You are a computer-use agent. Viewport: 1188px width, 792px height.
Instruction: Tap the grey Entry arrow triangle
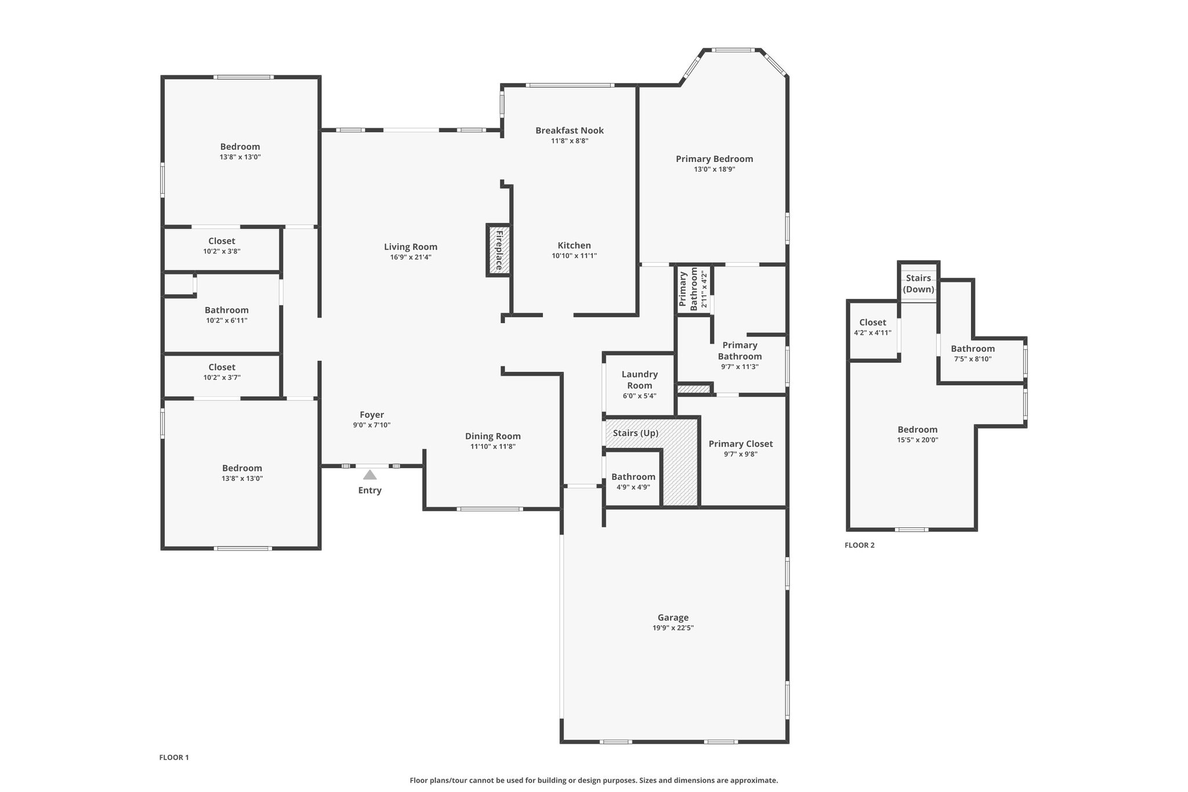[370, 475]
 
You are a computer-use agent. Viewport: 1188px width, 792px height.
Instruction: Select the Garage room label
[673, 617]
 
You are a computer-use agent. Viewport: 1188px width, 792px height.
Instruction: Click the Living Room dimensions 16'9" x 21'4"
[411, 257]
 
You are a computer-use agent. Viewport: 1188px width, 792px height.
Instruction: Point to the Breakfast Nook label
[570, 131]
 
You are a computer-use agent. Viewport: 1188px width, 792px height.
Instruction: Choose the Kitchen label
[574, 245]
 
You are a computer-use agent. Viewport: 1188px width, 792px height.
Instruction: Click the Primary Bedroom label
[715, 159]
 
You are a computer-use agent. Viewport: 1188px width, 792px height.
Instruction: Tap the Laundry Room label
[640, 380]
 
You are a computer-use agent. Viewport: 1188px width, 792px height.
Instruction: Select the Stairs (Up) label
[636, 433]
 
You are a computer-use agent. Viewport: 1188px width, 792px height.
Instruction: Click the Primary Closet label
[741, 444]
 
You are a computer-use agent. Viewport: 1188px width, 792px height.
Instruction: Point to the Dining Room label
[493, 436]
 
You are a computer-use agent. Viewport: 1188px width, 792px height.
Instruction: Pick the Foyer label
[372, 415]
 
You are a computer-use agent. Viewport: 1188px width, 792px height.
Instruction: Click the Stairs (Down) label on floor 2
[919, 284]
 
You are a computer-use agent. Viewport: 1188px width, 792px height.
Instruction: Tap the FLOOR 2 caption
[860, 545]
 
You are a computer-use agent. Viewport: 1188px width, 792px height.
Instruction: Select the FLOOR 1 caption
[174, 757]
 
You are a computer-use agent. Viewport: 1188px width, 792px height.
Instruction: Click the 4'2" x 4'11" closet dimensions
[872, 333]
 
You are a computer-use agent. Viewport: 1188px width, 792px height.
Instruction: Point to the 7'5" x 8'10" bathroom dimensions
[973, 359]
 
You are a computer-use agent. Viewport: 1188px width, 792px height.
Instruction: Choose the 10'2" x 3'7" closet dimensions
[222, 378]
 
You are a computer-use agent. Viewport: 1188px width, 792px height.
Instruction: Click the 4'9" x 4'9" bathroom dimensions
[633, 487]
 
